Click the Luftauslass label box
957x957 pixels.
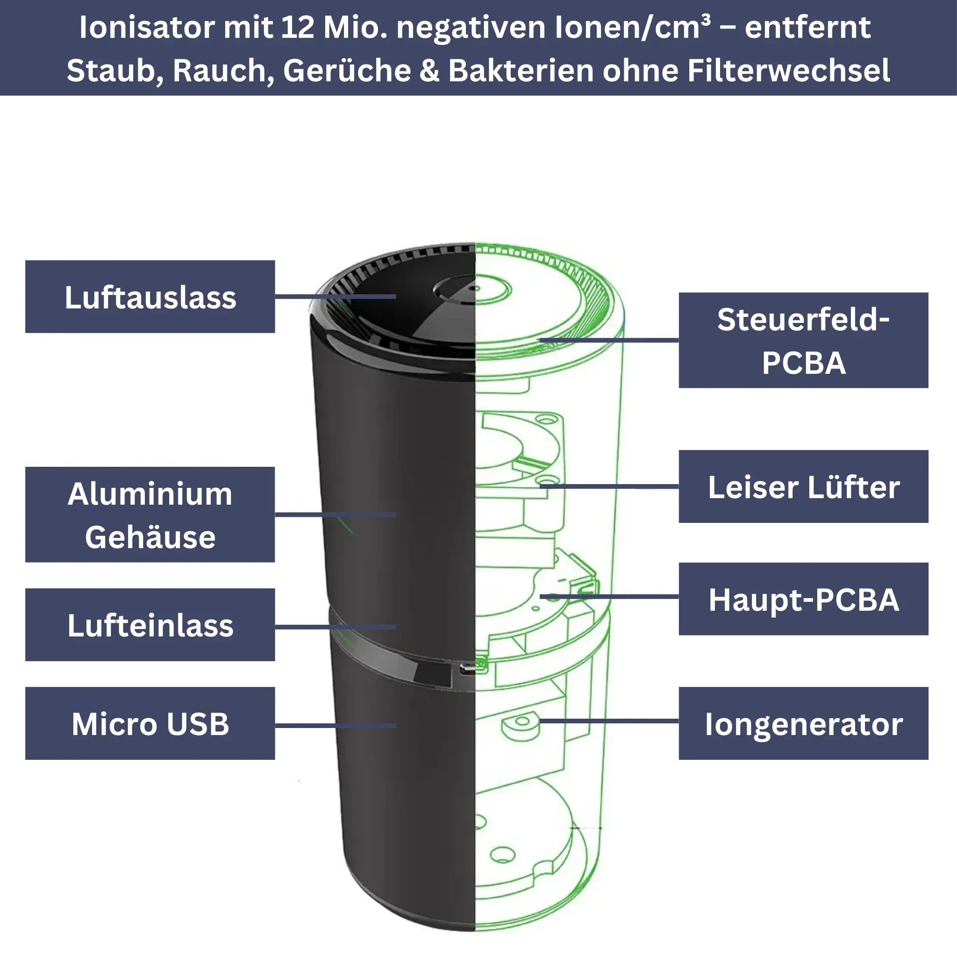point(150,296)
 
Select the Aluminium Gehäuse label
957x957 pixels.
point(150,514)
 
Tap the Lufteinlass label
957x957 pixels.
point(150,625)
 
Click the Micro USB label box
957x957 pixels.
point(150,723)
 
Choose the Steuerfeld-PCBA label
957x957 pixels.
point(803,340)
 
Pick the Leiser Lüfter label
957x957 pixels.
point(803,486)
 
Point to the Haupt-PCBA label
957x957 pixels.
point(803,599)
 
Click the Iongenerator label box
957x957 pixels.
point(803,723)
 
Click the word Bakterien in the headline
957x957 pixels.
point(521,71)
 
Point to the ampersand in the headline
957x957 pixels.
point(429,71)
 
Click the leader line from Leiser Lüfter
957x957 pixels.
point(609,486)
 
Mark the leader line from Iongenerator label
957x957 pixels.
point(609,721)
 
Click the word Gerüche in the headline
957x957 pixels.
point(346,71)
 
